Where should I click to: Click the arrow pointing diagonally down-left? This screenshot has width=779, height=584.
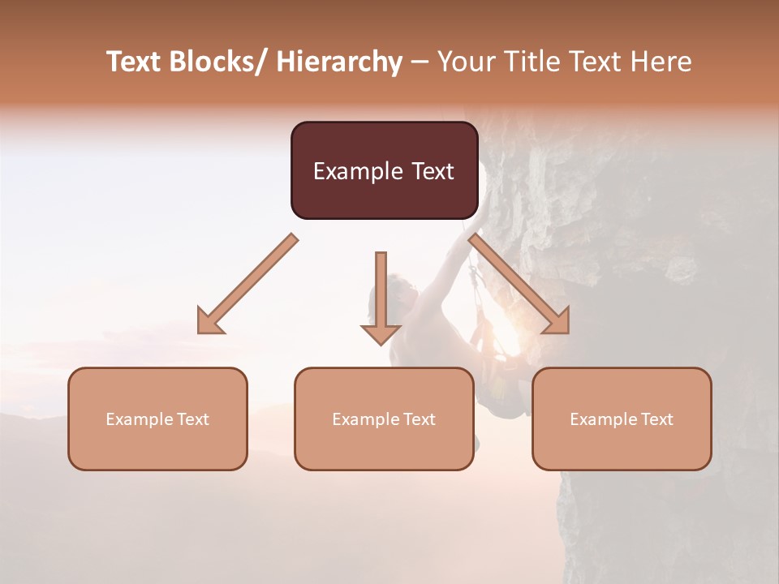click(247, 284)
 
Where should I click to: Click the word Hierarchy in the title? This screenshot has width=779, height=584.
click(339, 62)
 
